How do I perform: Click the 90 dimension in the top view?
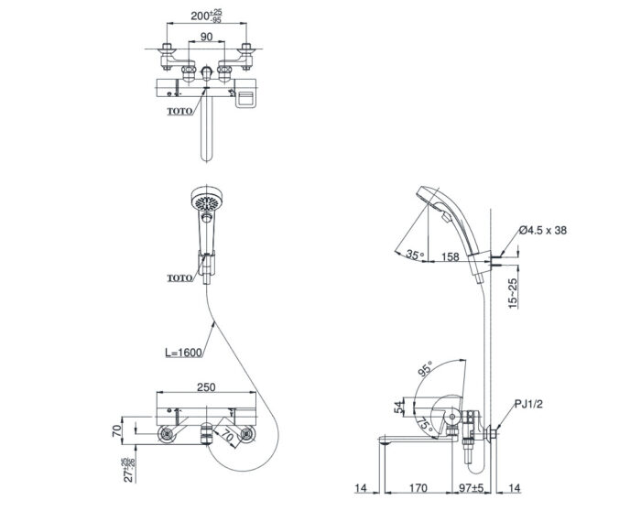click(x=206, y=37)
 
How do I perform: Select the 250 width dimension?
click(x=206, y=386)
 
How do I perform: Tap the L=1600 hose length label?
click(x=183, y=353)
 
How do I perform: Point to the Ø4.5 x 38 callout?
click(x=543, y=230)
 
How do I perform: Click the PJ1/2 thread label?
click(x=528, y=404)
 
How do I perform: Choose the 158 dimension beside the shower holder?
click(x=451, y=256)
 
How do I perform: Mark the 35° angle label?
click(x=415, y=255)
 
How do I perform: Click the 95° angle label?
click(x=425, y=369)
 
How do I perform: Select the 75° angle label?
click(x=426, y=423)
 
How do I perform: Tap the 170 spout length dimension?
click(x=418, y=488)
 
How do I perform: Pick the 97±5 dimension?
click(x=472, y=488)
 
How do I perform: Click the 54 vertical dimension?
click(x=399, y=407)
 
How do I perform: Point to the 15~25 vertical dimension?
click(x=513, y=293)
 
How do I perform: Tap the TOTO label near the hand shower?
click(x=179, y=278)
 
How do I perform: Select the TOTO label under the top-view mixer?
click(x=179, y=111)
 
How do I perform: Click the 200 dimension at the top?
click(x=206, y=16)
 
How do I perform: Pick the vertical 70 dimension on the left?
click(x=117, y=430)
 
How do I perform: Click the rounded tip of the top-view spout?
click(x=207, y=159)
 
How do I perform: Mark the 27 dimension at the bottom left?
click(x=129, y=470)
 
